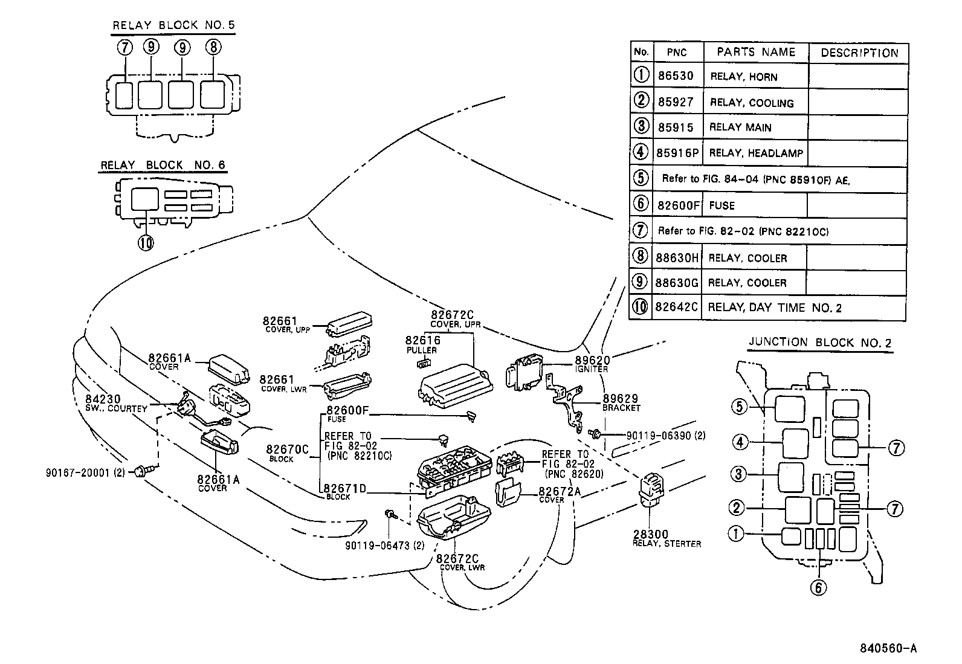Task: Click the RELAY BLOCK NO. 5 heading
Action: (x=173, y=25)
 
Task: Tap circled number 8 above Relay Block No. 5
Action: (x=213, y=47)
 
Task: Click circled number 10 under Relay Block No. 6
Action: (x=145, y=242)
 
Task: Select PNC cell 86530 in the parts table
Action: (x=676, y=77)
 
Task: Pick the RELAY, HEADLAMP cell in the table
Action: (x=755, y=153)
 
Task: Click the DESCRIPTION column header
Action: (x=859, y=53)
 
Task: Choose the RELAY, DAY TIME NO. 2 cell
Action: (x=774, y=308)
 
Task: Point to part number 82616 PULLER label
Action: (x=422, y=344)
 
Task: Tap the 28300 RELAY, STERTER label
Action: (x=666, y=539)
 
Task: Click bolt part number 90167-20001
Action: (x=84, y=473)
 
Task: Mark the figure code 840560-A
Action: (x=889, y=648)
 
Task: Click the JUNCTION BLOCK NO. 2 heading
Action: (x=820, y=343)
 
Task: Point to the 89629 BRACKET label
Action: (x=621, y=403)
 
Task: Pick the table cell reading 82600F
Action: (x=677, y=205)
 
